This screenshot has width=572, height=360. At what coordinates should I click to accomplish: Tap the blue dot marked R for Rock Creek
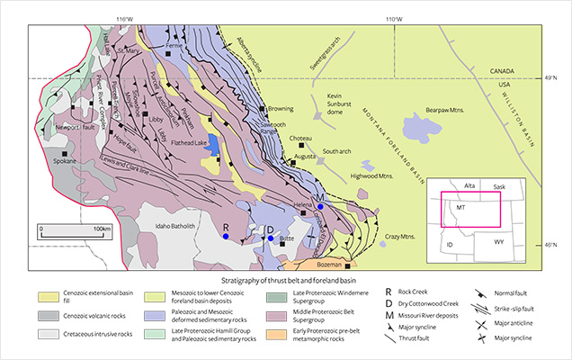click(x=227, y=236)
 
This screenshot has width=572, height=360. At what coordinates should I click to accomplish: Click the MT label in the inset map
click(x=461, y=206)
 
